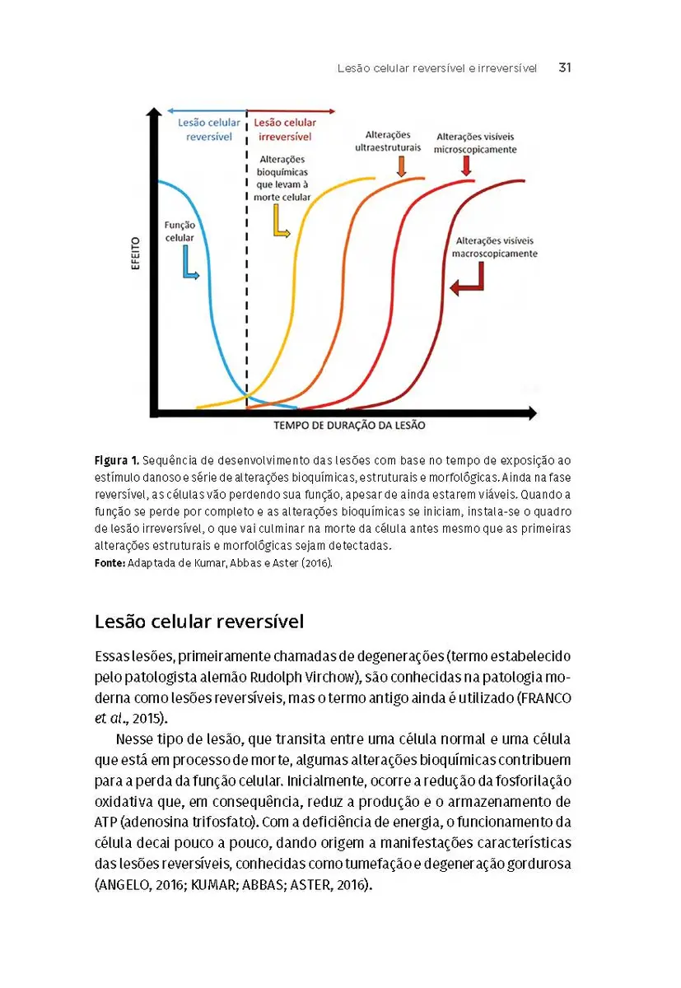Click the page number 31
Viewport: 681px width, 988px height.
click(564, 68)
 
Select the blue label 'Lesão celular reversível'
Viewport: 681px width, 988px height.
click(209, 129)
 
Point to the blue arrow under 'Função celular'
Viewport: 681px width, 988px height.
click(189, 265)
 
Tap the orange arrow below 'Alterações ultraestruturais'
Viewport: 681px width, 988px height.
click(402, 165)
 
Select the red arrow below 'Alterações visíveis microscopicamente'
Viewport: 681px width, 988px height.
click(467, 165)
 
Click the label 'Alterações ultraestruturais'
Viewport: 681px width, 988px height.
click(388, 141)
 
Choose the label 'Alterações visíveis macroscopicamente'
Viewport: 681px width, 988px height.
click(495, 247)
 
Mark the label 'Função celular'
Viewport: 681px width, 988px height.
click(180, 231)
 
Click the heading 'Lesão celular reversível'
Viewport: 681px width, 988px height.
click(199, 621)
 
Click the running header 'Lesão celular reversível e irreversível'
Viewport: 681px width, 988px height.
click(436, 69)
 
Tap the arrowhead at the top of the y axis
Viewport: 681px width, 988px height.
click(153, 113)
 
